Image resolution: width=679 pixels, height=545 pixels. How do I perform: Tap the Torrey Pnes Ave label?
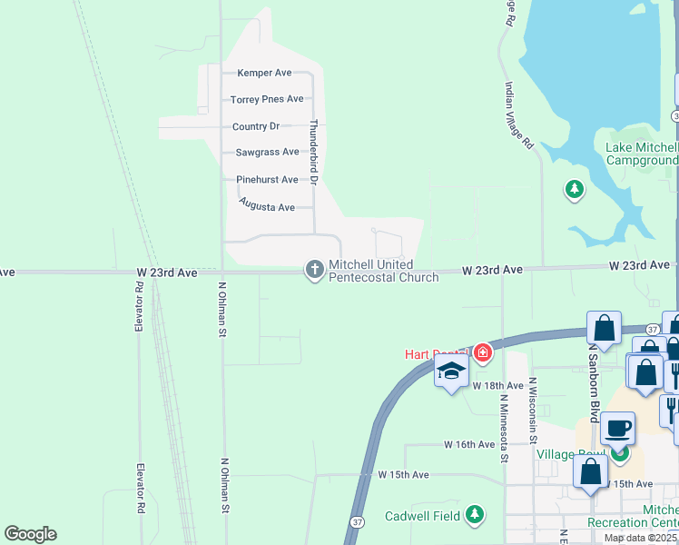point(266,99)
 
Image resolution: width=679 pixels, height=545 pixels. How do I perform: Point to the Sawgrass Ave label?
point(267,153)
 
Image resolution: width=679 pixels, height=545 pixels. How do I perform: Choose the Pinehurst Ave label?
point(267,180)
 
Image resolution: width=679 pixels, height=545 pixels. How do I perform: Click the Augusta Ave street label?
point(267,207)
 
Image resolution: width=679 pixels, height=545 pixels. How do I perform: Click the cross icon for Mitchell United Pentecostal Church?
point(314,269)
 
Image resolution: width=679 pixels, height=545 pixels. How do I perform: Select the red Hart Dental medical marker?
point(482,352)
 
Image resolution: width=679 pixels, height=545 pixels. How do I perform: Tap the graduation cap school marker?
point(451,371)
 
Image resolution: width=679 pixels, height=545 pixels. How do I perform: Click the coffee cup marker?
point(618,428)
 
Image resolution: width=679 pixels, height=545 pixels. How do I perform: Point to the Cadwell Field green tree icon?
point(474,515)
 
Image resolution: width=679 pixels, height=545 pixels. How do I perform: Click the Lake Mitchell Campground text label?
point(641,154)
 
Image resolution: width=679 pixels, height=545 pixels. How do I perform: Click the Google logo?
point(31,534)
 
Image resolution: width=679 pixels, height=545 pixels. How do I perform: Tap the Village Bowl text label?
point(568,454)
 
